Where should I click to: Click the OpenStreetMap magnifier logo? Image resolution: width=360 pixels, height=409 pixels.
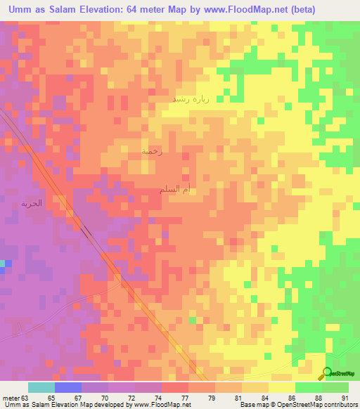pyautogui.click(x=327, y=373)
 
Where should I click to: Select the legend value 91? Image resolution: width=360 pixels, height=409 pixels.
pyautogui.click(x=345, y=396)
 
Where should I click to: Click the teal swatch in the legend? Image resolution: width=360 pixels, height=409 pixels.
pyautogui.click(x=41, y=387)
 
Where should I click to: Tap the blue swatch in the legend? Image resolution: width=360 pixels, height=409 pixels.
pyautogui.click(x=68, y=387)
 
